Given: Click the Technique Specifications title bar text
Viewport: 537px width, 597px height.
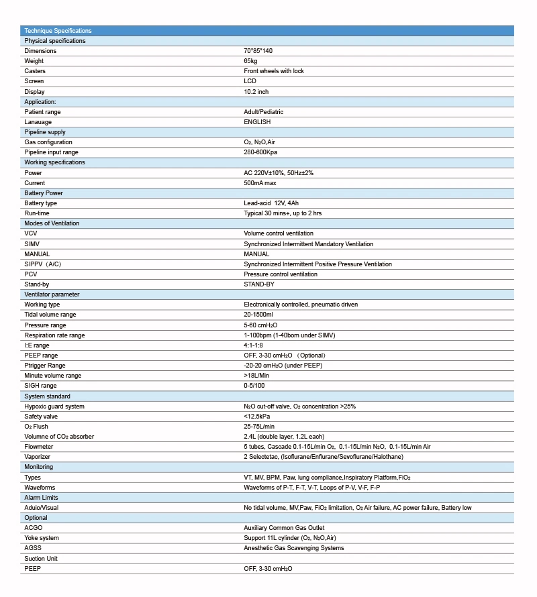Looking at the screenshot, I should [58, 31].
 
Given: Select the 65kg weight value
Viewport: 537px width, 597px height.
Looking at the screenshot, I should [250, 61].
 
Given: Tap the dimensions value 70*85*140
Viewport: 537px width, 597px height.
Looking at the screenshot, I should [258, 51].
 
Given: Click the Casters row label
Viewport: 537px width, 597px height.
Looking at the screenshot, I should [35, 71].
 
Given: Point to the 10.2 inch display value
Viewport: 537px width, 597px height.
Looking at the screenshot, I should [256, 92].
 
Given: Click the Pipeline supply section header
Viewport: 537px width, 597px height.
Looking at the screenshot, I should [45, 132].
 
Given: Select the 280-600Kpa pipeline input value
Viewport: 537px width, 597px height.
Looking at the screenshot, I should [262, 152].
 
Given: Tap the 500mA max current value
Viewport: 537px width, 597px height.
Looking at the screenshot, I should [261, 183].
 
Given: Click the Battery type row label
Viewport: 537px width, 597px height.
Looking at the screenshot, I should [41, 203].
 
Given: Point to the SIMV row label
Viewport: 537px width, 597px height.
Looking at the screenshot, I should [32, 244].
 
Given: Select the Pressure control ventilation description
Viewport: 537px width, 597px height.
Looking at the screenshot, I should [281, 274].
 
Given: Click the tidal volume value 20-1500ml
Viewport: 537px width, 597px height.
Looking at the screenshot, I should [258, 315].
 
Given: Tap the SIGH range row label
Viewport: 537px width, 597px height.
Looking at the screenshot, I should [40, 386].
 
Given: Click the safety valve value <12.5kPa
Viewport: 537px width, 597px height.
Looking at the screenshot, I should [258, 417].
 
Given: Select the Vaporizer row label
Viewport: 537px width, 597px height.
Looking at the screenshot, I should [38, 457].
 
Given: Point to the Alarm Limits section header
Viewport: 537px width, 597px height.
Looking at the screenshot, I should [41, 498].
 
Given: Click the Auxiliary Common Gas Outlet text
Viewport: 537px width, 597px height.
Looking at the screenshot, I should [284, 528].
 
